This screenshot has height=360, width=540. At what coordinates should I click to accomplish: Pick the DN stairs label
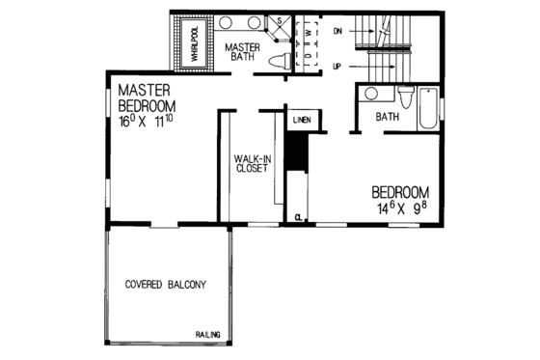(x=337, y=31)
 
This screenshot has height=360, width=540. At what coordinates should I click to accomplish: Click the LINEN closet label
(x=300, y=120)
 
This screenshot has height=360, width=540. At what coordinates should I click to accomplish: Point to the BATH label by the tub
(x=388, y=117)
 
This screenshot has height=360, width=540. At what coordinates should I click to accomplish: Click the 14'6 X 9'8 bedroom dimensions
(x=398, y=207)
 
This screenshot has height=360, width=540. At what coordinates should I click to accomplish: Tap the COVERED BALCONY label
(x=166, y=284)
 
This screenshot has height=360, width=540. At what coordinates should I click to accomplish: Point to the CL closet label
(x=300, y=217)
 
